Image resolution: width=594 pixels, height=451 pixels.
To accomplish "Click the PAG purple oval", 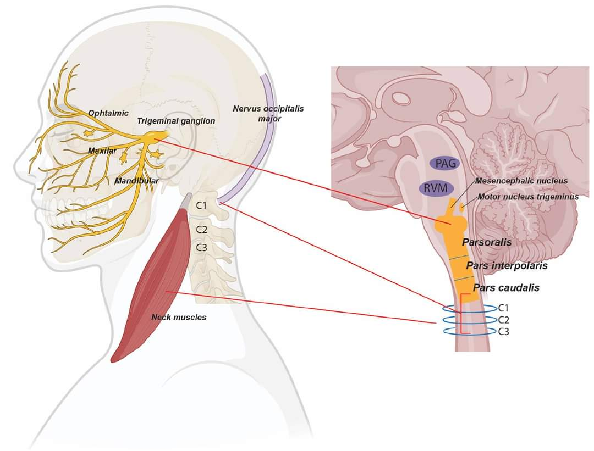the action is coord(444,164).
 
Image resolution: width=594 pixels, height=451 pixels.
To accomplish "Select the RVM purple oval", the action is coord(436,188).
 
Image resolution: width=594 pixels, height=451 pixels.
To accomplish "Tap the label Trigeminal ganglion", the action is coord(176,121).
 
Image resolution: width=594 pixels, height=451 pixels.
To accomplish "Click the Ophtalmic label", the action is coord(108,113).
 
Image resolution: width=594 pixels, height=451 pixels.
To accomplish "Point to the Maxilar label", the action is coord(102,151).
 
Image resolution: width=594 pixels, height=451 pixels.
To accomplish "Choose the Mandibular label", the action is coord(137,181).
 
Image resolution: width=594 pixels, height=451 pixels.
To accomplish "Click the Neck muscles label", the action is coord(179,317).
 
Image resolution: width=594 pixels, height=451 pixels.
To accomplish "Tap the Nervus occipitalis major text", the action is coord(268,114).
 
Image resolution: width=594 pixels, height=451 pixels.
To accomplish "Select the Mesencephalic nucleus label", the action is coord(521,181).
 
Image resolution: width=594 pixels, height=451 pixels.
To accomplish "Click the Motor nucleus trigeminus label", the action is coord(528,197).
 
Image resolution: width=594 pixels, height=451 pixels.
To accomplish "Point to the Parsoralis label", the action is coord(487,242).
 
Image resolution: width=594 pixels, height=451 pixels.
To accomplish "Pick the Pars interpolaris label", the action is coord(507,266).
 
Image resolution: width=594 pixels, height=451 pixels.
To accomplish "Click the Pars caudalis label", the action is coord(506,288).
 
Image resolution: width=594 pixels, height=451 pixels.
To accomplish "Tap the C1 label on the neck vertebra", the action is coord(201,206).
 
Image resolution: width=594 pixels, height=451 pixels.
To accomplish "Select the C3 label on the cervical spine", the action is coord(201,247).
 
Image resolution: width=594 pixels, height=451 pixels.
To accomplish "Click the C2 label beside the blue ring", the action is coord(503,320).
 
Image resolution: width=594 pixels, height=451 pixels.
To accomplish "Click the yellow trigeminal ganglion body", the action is coord(155,136).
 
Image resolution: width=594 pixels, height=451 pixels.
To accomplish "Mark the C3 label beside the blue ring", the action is coord(503,332).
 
